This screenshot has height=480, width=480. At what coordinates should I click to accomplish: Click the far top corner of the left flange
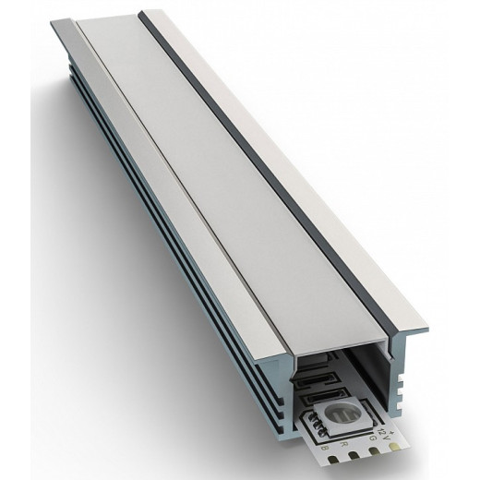[x=72, y=20]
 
